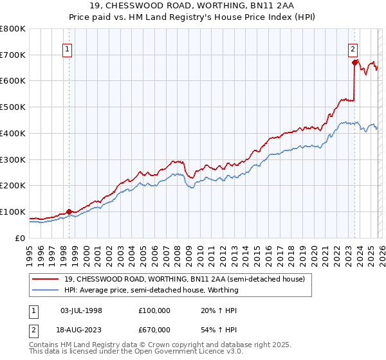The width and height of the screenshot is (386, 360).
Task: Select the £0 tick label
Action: tap(19, 238)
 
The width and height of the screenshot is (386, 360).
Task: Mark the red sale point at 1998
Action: tap(69, 212)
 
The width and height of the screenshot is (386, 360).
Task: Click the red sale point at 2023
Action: tap(354, 62)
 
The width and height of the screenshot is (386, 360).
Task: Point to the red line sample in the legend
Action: tap(46, 279)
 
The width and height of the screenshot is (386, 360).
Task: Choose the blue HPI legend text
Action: tap(151, 290)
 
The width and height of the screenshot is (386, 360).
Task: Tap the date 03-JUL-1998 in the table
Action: tap(81, 310)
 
